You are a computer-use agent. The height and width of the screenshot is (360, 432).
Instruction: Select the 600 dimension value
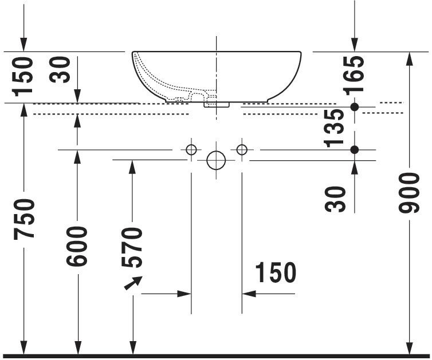click(77, 246)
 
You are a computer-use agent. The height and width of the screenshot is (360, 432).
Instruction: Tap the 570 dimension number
click(132, 247)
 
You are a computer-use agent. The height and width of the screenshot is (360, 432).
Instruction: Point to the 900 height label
click(409, 192)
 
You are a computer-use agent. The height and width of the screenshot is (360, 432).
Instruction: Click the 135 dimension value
click(335, 128)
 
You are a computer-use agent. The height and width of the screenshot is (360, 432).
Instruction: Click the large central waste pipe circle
click(216, 161)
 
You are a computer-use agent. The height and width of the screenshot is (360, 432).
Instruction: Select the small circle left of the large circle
click(191, 150)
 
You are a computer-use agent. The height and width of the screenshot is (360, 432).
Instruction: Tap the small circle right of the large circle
click(241, 150)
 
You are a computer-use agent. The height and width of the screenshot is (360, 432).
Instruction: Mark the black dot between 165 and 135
click(355, 107)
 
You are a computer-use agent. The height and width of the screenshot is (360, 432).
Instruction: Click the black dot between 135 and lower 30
click(355, 150)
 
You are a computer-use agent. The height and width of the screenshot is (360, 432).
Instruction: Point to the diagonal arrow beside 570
click(133, 283)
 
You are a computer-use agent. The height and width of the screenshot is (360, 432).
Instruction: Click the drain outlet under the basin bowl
click(216, 104)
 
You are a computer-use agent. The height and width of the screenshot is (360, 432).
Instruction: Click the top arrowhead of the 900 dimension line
click(409, 57)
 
